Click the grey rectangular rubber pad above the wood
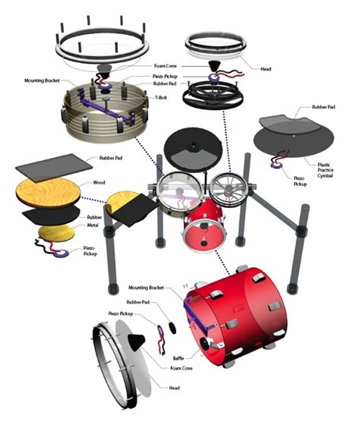coord(55,166)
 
